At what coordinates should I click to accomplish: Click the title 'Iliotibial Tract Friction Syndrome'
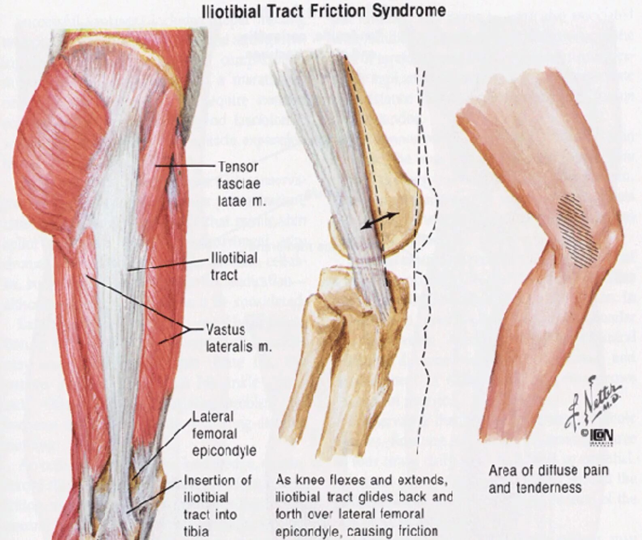pyautogui.click(x=323, y=11)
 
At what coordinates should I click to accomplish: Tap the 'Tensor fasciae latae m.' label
pyautogui.click(x=241, y=184)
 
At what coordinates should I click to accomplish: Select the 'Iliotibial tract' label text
pyautogui.click(x=234, y=266)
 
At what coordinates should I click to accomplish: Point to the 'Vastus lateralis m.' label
pyautogui.click(x=238, y=338)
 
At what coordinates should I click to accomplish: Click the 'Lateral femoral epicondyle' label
pyautogui.click(x=224, y=434)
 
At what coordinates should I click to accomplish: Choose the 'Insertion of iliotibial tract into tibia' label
pyautogui.click(x=217, y=506)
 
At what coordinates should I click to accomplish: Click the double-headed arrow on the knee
pyautogui.click(x=380, y=221)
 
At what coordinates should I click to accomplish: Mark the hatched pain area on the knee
pyautogui.click(x=577, y=231)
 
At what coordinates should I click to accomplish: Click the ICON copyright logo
pyautogui.click(x=602, y=436)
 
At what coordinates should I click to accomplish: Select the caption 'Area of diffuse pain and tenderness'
pyautogui.click(x=548, y=479)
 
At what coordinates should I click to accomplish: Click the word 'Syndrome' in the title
pyautogui.click(x=409, y=11)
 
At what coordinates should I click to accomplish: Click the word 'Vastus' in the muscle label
pyautogui.click(x=225, y=330)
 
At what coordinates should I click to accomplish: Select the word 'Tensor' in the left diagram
pyautogui.click(x=238, y=166)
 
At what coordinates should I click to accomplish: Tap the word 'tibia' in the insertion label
pyautogui.click(x=196, y=531)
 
